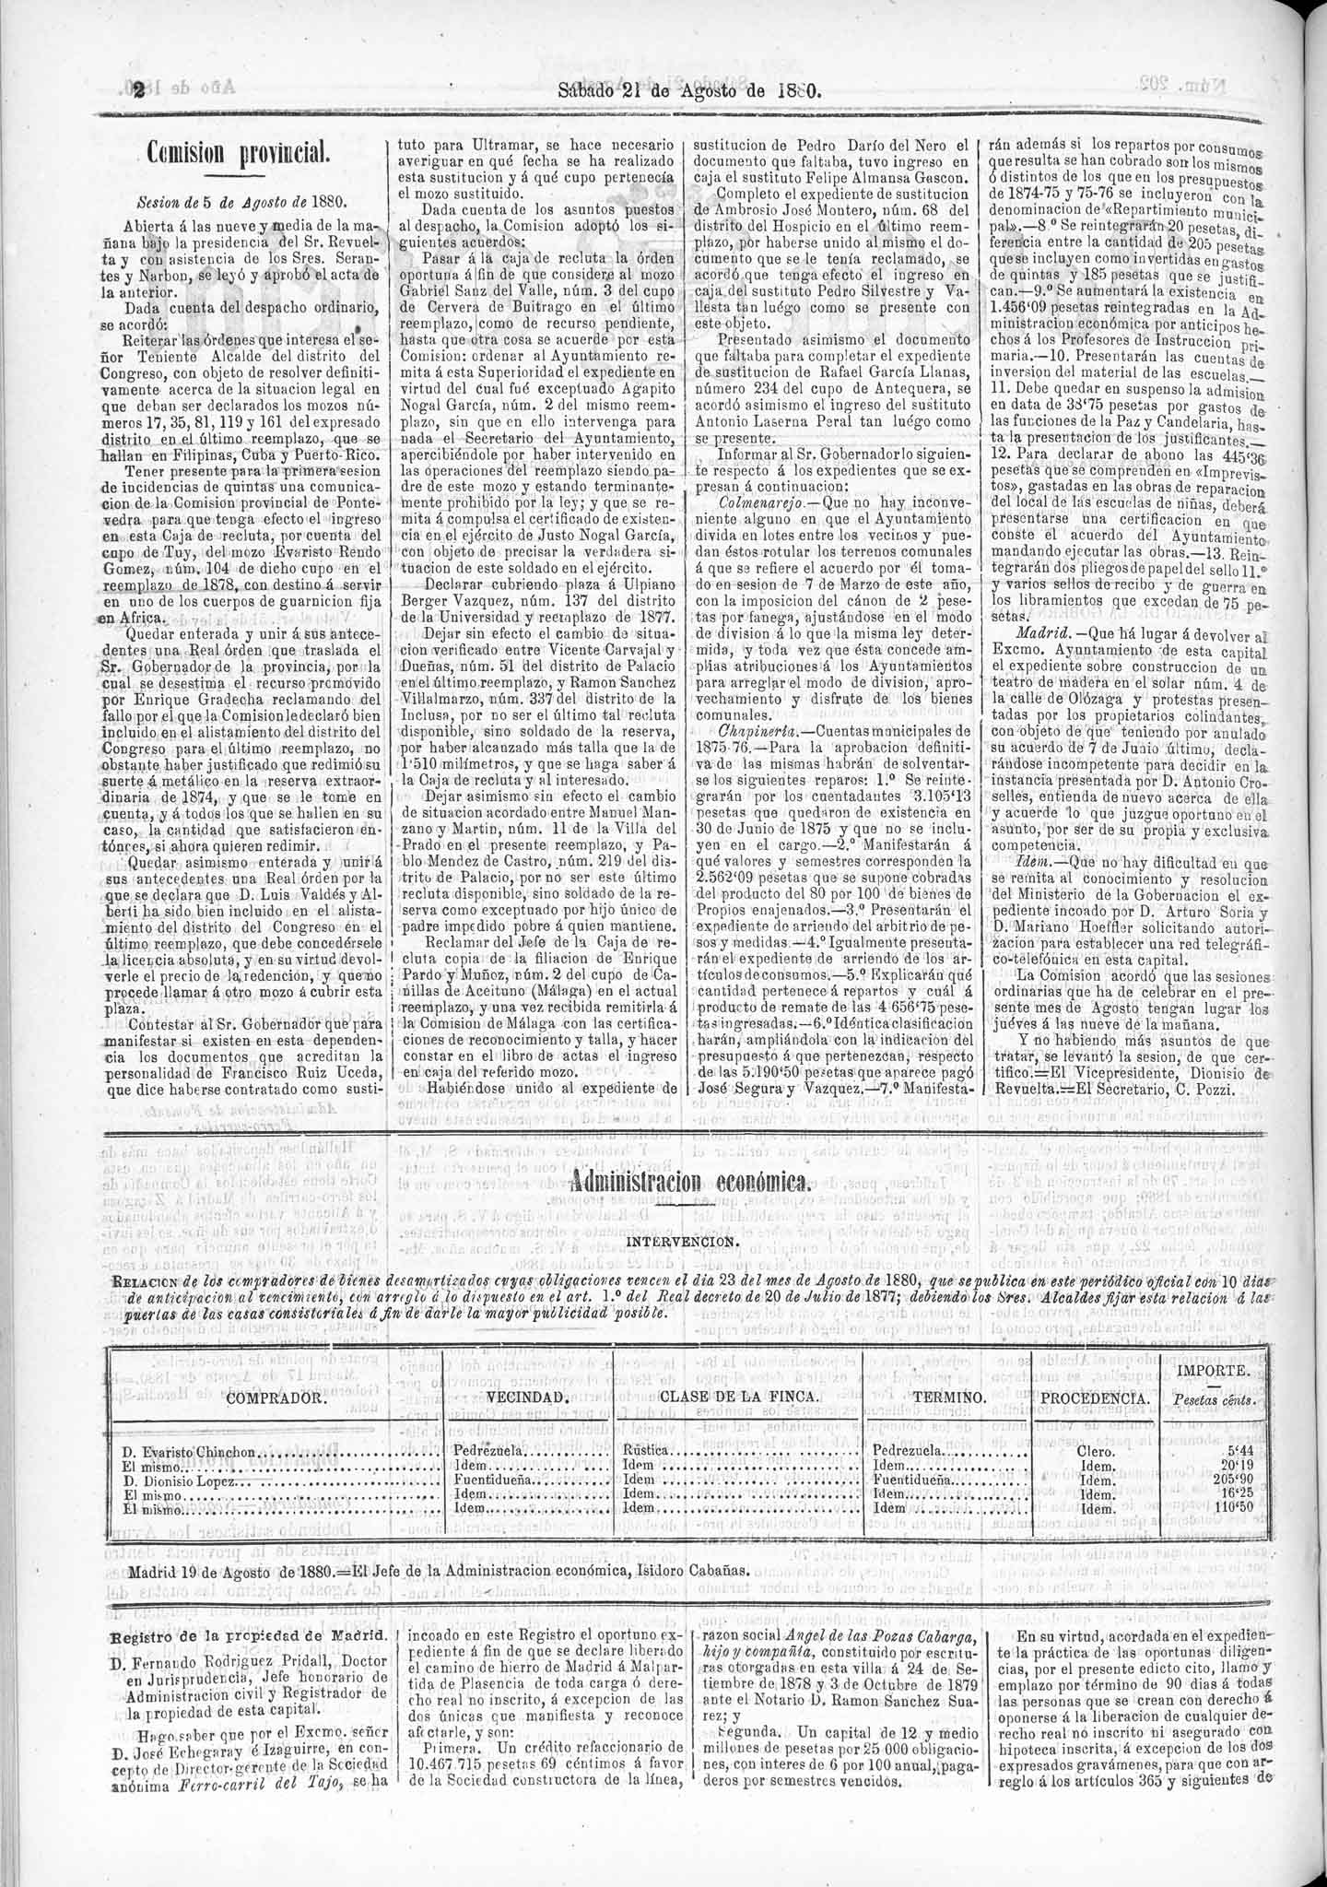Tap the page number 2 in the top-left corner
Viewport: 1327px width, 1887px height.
point(138,91)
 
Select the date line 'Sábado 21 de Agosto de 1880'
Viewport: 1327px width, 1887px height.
point(689,90)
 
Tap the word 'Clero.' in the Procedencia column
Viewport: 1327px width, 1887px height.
point(1096,1451)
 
